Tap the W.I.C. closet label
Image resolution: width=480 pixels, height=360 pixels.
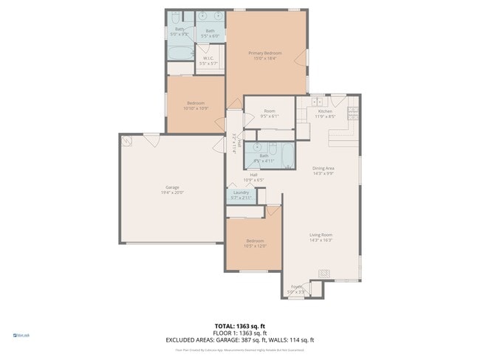pos(208,61)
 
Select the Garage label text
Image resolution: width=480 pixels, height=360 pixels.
pos(172,190)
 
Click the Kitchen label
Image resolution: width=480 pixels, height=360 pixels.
pos(326,113)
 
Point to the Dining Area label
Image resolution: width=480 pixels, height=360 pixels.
pos(323,170)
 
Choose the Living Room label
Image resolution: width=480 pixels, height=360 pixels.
pos(320,237)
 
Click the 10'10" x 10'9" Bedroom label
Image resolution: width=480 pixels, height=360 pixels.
pos(195,105)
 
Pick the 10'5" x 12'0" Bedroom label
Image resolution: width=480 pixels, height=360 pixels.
pos(255,243)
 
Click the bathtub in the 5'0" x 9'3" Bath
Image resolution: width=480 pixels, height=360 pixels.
pos(179,52)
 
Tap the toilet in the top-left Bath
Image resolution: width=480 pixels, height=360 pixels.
pos(174,17)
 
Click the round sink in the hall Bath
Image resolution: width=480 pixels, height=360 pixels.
pos(258,146)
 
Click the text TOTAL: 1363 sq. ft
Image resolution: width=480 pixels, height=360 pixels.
pos(241,325)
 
